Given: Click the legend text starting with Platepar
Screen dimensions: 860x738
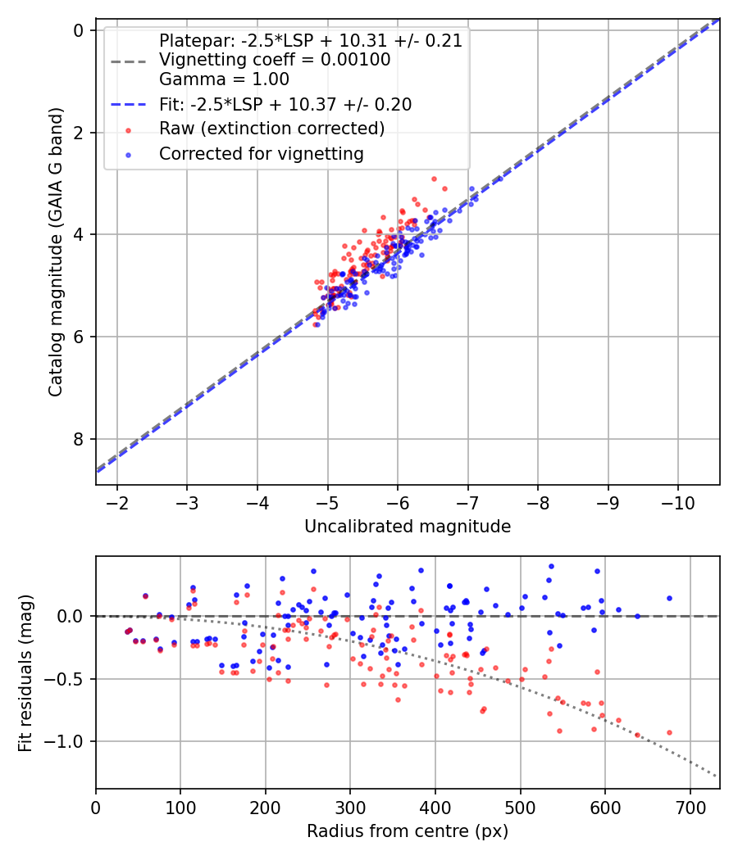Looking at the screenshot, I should [310, 41].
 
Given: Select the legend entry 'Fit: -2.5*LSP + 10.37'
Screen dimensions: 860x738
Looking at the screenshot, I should [285, 105].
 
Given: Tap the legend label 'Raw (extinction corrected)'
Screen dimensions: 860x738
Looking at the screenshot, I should [271, 129].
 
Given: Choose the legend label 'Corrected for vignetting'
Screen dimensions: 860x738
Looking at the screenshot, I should [261, 153].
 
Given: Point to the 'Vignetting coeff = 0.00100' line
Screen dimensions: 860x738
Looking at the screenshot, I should [274, 60].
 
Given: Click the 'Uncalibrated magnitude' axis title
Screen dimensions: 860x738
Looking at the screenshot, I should [408, 527].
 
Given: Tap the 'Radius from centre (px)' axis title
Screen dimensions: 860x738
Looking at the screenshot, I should [408, 831].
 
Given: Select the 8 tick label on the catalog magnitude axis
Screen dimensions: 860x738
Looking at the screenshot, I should [80, 439].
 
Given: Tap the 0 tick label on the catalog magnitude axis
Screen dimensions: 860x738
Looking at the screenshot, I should [80, 30].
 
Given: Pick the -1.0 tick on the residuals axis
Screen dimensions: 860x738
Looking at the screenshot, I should [70, 741].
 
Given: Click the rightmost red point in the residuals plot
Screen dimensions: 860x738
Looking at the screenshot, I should [669, 732].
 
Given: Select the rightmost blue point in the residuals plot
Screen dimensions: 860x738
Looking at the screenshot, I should [669, 598].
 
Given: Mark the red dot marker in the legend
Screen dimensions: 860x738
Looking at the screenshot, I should [127, 129].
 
